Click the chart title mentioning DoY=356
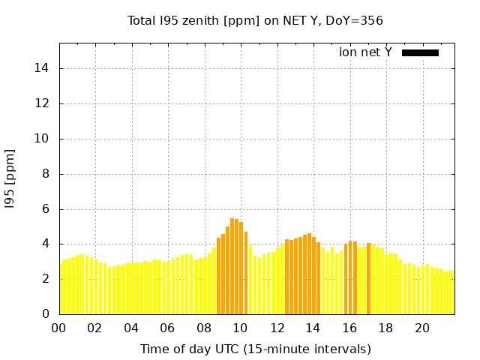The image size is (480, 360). pyautogui.click(x=255, y=20)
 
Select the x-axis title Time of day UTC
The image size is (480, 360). pyautogui.click(x=255, y=349)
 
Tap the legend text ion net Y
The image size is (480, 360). pyautogui.click(x=365, y=52)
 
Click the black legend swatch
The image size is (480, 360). pyautogui.click(x=420, y=52)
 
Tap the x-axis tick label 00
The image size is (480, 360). pyautogui.click(x=58, y=328)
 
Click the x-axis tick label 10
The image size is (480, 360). pyautogui.click(x=240, y=328)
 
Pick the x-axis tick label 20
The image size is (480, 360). pyautogui.click(x=422, y=328)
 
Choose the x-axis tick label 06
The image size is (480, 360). pyautogui.click(x=167, y=328)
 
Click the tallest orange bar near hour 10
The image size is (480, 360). pyautogui.click(x=232, y=266)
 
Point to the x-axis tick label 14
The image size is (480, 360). pyautogui.click(x=313, y=328)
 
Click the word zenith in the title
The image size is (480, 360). pyautogui.click(x=197, y=20)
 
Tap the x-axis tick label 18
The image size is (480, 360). pyautogui.click(x=385, y=328)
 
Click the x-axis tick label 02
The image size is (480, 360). pyautogui.click(x=94, y=328)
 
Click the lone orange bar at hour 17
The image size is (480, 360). pyautogui.click(x=368, y=278)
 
